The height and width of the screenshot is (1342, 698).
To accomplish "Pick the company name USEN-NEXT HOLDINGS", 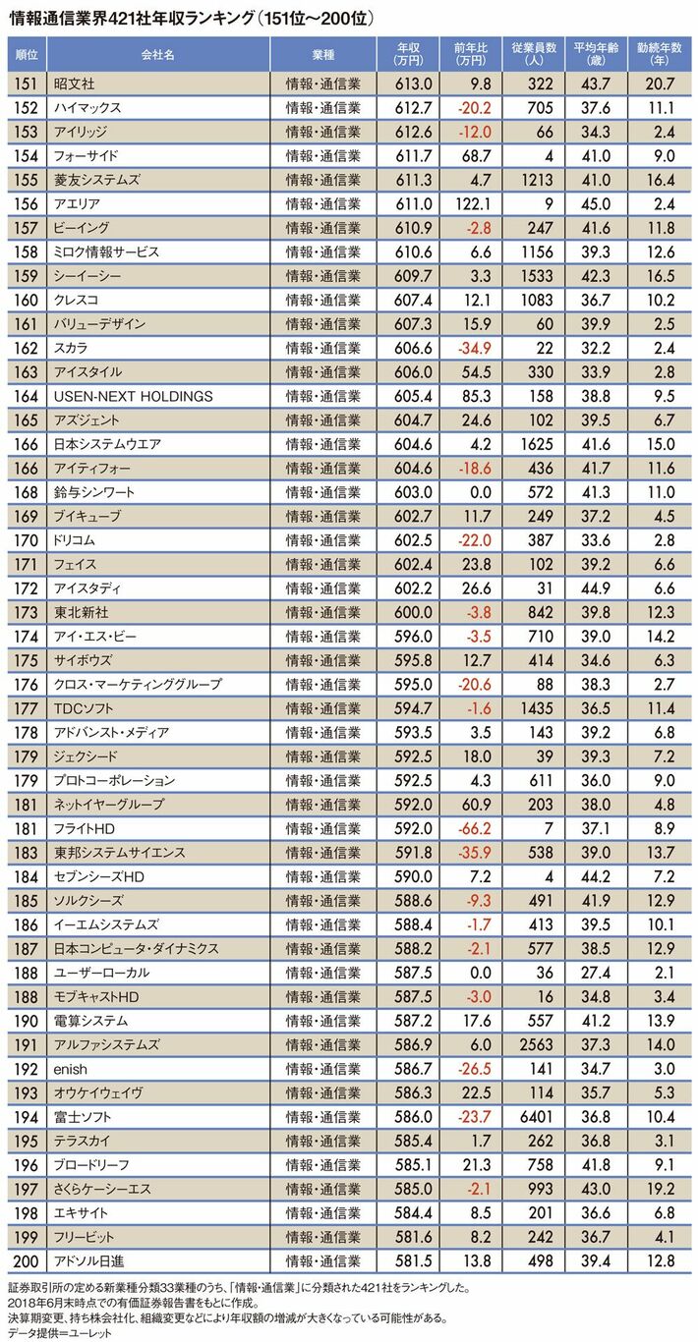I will pyautogui.click(x=133, y=396).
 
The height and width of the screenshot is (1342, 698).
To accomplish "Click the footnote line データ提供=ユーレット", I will pyautogui.click(x=59, y=1332).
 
